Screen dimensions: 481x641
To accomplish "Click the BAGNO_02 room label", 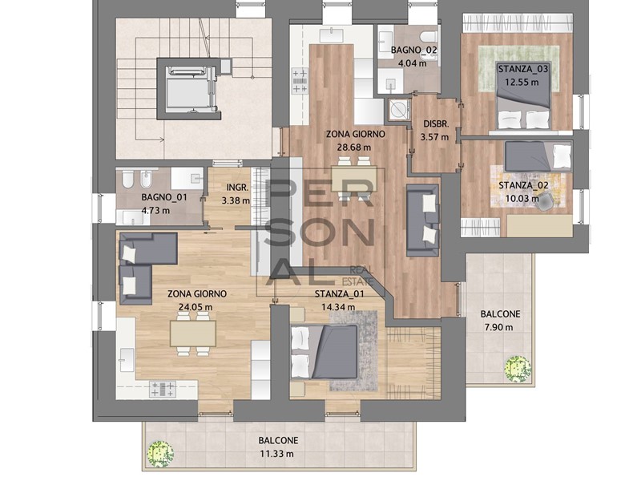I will point(414,51).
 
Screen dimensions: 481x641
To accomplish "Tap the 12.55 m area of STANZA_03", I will point(522,82).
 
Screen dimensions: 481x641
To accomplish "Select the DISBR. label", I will point(436,123).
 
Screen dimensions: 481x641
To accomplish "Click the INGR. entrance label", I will point(236,188).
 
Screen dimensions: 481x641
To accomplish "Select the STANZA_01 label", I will point(340,293).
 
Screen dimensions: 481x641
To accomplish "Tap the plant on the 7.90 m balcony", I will point(518,369).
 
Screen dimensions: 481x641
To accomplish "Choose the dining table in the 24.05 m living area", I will point(192,330).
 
